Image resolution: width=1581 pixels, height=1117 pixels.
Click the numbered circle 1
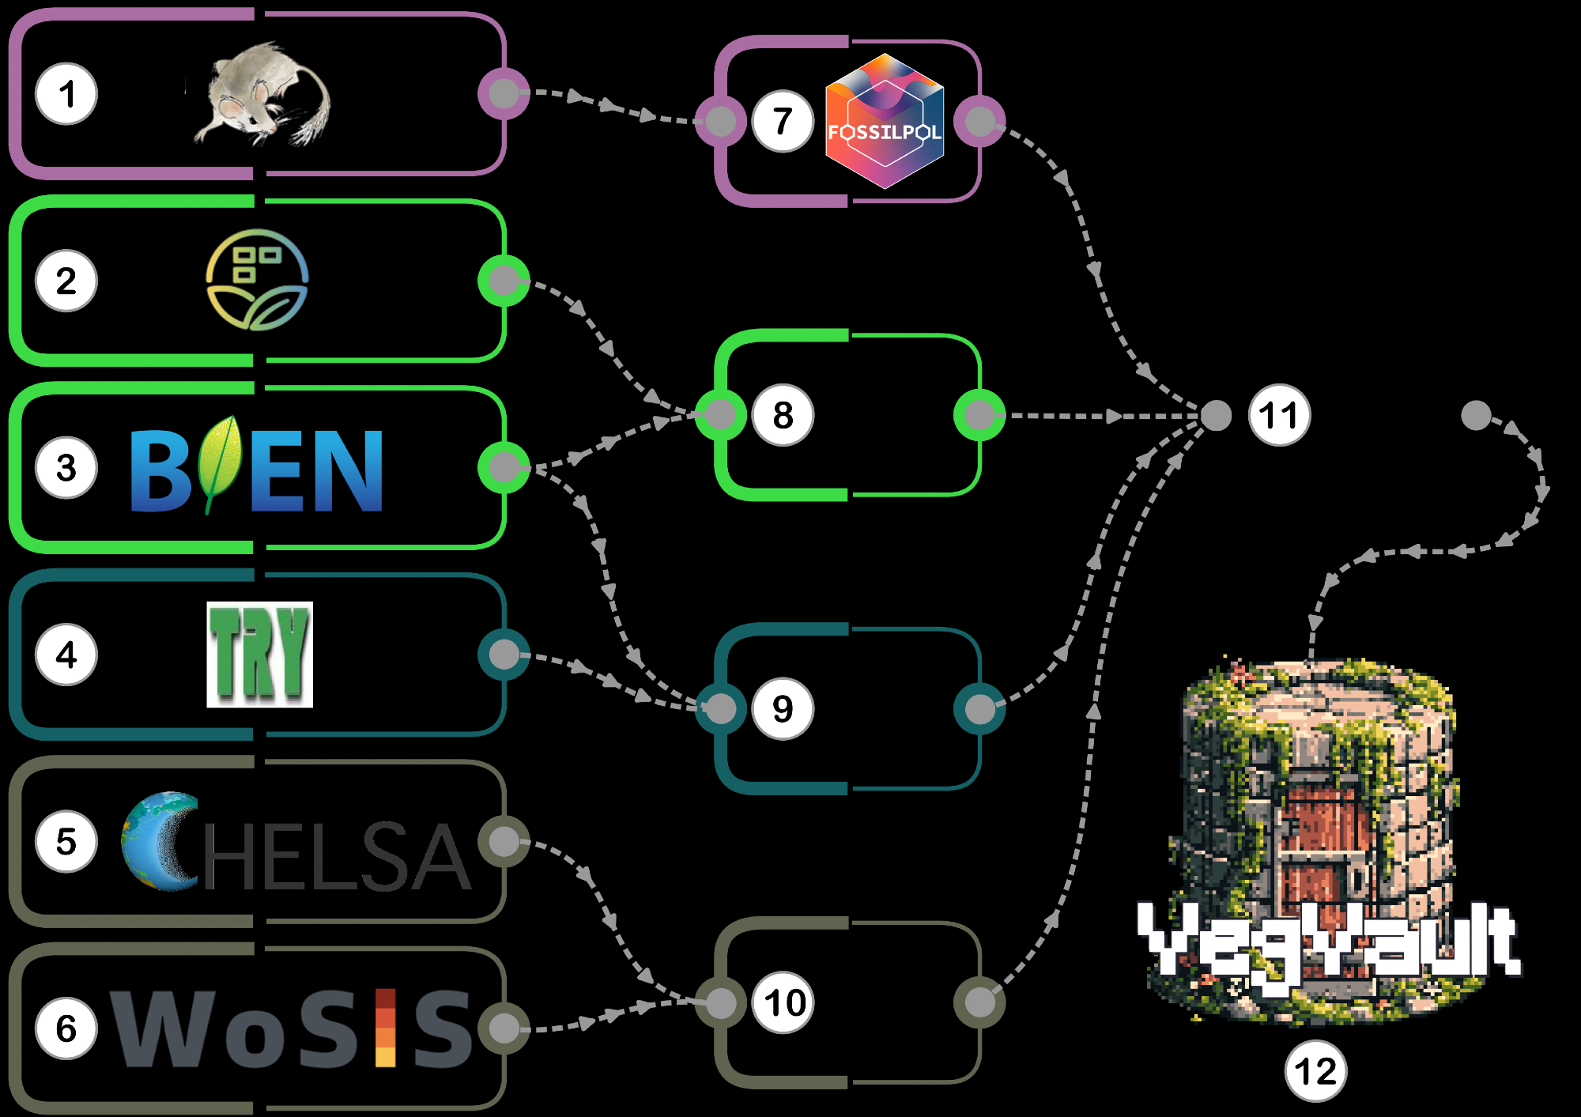tap(66, 94)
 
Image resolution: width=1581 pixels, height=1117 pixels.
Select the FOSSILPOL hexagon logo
tap(885, 122)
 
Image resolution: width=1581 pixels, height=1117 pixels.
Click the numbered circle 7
tap(783, 122)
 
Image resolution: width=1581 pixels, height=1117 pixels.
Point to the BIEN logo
tap(256, 468)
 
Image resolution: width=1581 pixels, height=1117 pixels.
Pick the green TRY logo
tap(259, 655)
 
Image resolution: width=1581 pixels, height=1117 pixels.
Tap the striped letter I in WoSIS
tap(385, 1028)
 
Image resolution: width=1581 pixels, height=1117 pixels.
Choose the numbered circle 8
tap(783, 415)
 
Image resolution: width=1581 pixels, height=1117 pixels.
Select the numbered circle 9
tap(783, 708)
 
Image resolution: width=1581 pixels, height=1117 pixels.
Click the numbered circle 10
tap(784, 1003)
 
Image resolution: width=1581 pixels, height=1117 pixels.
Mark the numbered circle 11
tap(1279, 415)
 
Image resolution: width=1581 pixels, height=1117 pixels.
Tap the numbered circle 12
tap(1315, 1072)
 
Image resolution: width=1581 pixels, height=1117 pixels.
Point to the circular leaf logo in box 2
tap(257, 280)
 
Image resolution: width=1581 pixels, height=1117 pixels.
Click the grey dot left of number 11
tap(1216, 415)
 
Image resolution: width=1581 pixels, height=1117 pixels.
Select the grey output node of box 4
tap(504, 655)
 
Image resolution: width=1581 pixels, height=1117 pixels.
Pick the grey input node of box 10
tap(720, 1003)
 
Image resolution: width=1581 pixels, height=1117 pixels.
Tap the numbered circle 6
tap(66, 1028)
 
